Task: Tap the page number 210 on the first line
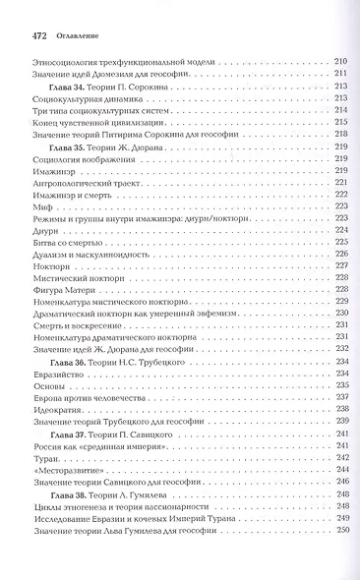click(x=341, y=62)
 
